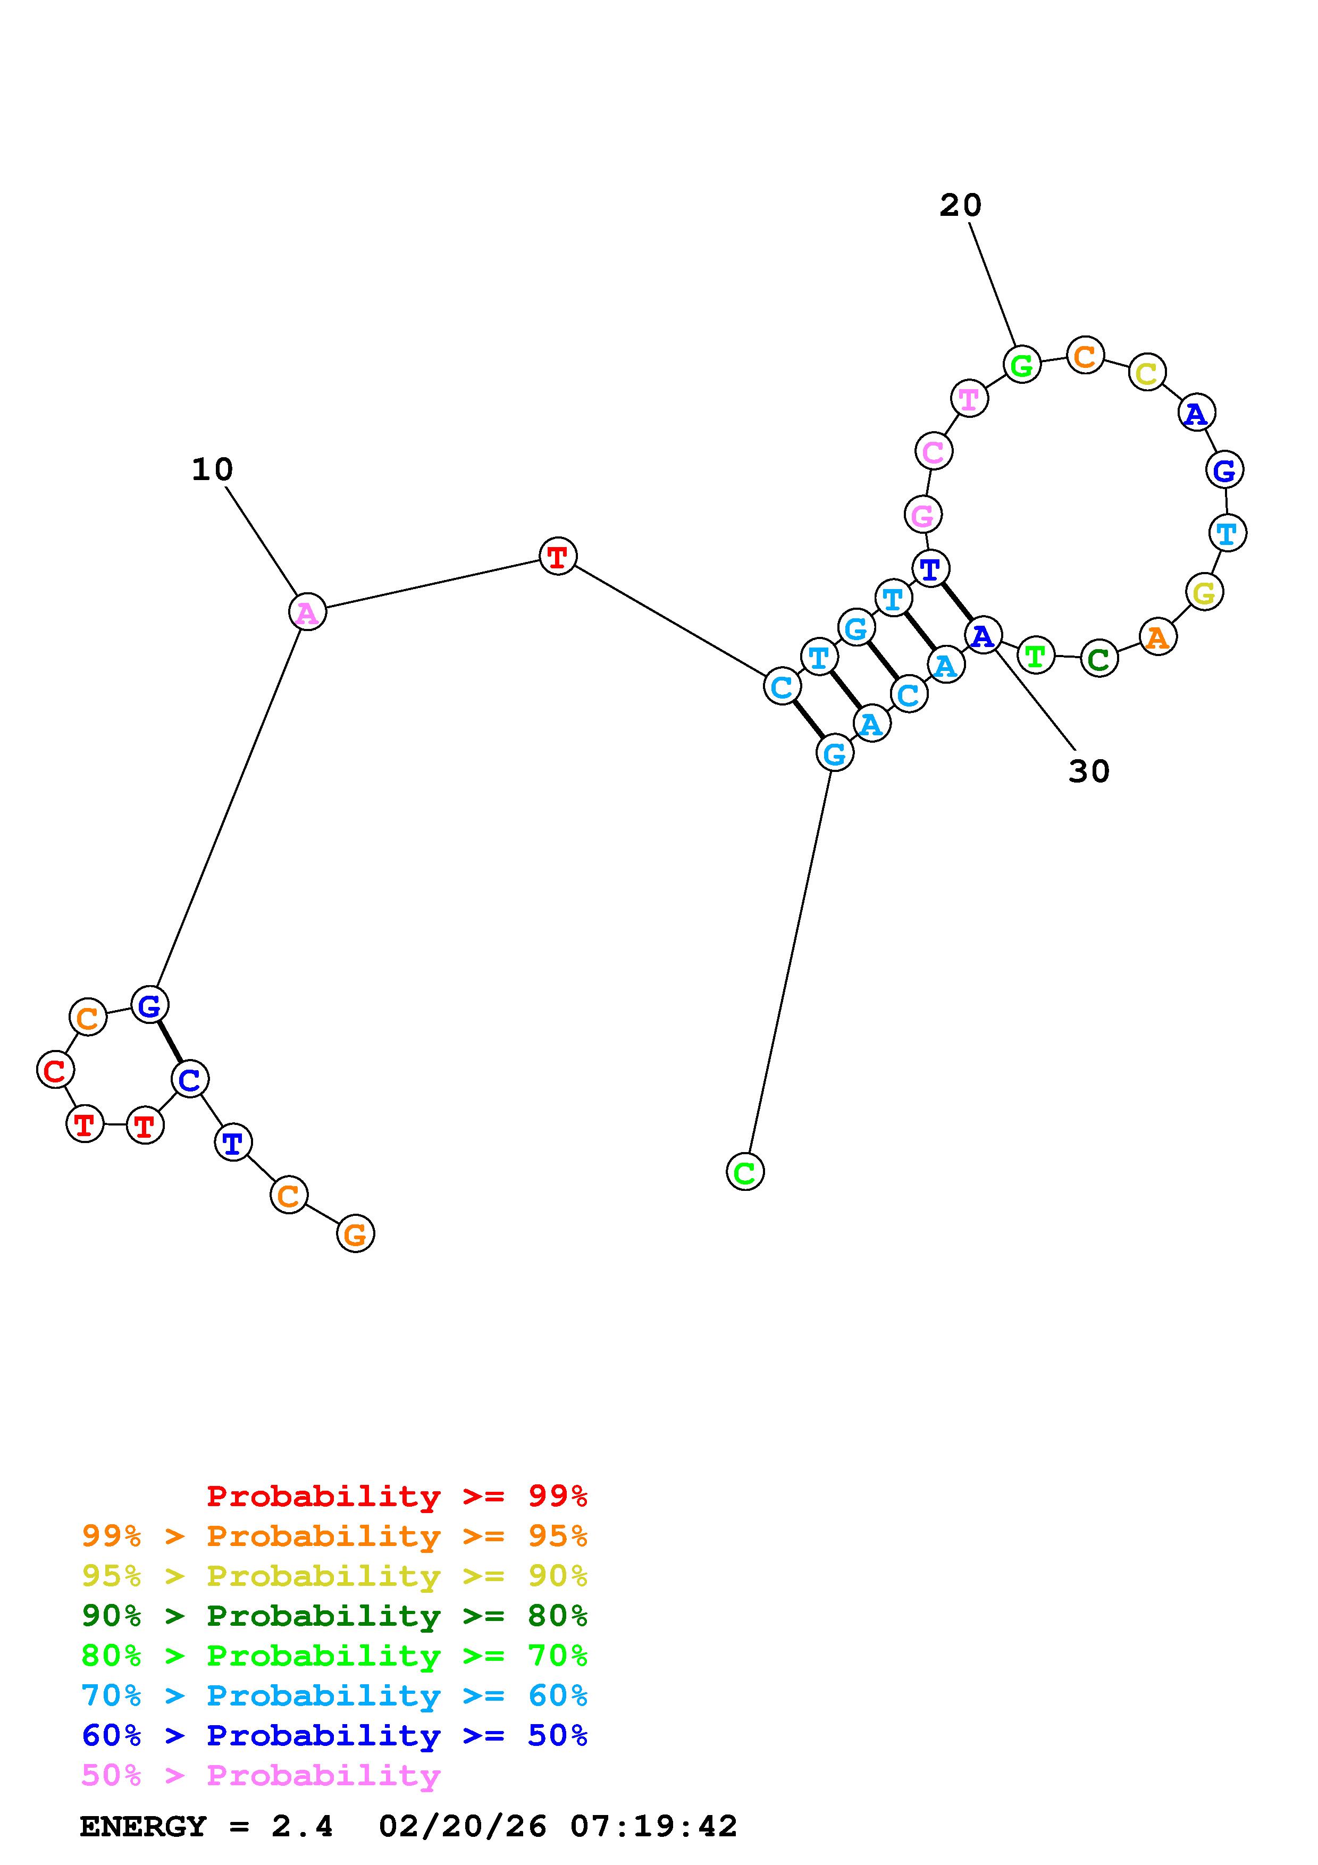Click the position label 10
pos(212,469)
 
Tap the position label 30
pos(1088,771)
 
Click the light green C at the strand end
pos(745,1171)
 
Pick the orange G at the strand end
pos(355,1234)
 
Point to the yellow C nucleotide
pos(1147,373)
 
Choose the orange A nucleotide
pos(1157,637)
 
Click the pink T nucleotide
pos(969,399)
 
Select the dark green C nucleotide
pos(1099,659)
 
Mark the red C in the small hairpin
pos(55,1071)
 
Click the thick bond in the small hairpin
pos(170,1042)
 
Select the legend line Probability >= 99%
pos(396,1496)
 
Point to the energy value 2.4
pos(302,1827)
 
